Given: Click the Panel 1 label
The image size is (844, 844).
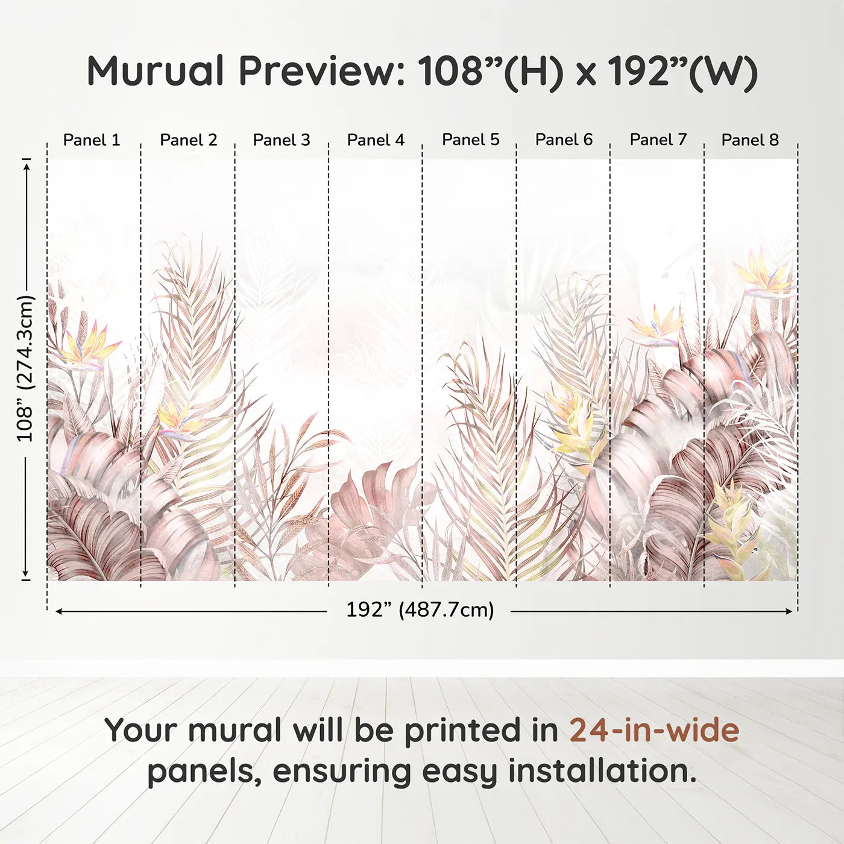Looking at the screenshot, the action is (92, 140).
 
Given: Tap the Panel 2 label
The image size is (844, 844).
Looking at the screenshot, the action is (188, 140).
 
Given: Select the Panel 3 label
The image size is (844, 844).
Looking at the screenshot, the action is (282, 140).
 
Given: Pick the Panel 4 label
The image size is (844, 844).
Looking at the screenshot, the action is (376, 140).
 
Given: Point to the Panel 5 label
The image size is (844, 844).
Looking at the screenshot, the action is (470, 140).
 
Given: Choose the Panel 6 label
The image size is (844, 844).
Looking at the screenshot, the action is (564, 140).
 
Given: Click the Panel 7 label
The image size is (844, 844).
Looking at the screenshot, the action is (658, 140).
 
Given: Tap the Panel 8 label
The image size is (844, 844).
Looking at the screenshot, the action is (750, 140).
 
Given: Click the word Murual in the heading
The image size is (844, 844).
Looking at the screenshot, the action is (156, 71).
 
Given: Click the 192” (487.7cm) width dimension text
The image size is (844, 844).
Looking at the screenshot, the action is (420, 610).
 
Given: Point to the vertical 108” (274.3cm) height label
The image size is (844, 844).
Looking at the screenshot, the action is (25, 368).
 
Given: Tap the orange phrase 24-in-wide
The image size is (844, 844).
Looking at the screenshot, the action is (654, 730).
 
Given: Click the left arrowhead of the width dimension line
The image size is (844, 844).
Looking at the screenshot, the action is (58, 611).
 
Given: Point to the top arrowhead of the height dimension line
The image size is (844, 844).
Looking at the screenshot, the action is (27, 166).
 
